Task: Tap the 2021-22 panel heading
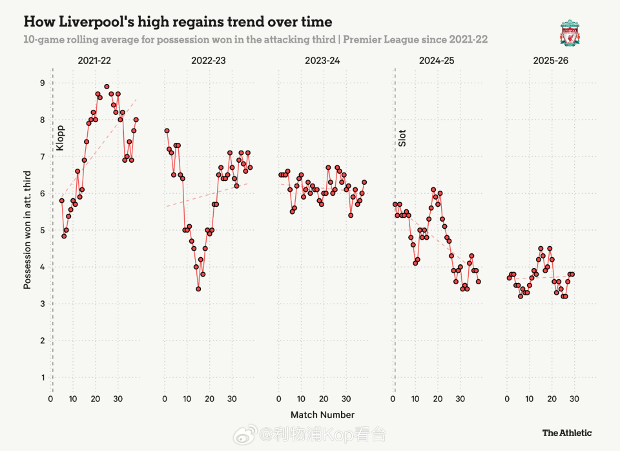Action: click(x=95, y=61)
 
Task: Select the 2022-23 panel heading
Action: click(x=209, y=61)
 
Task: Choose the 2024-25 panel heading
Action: click(x=437, y=61)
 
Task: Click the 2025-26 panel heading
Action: click(x=551, y=61)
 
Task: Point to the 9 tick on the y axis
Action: click(x=43, y=83)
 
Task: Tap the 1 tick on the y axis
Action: click(x=43, y=377)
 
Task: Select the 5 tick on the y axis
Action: click(x=43, y=231)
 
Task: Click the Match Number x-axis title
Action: click(x=322, y=415)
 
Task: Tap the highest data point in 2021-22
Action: click(x=107, y=87)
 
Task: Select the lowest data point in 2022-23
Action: click(x=198, y=289)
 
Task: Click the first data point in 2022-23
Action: click(x=167, y=131)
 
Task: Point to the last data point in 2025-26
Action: click(x=572, y=275)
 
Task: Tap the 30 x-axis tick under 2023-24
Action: click(x=346, y=399)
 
